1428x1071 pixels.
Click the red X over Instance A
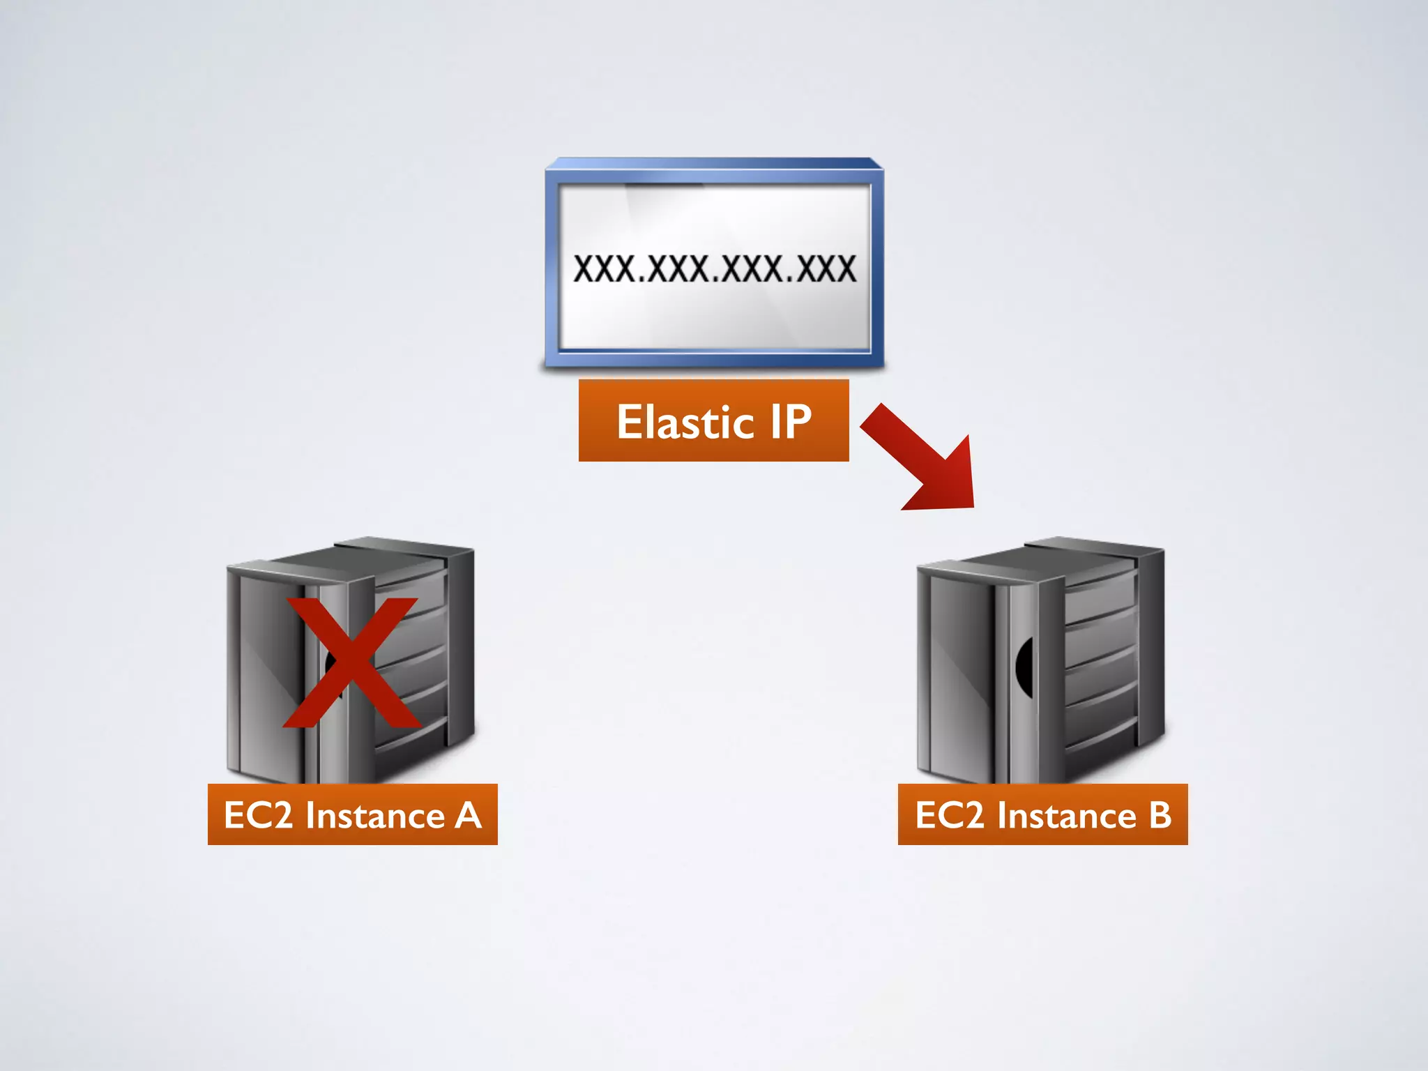353,662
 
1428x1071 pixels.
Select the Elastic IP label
713,421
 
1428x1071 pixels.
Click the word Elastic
685,423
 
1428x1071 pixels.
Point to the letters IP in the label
791,422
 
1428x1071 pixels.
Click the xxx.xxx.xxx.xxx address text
714,268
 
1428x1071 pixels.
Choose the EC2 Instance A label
352,814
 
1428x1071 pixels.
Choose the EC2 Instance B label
1042,814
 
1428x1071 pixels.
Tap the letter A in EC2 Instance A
468,814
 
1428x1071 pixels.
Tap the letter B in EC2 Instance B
1160,814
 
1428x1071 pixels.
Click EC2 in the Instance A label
257,814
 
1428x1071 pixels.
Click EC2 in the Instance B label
948,814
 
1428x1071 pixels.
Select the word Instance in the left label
375,814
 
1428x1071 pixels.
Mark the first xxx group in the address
604,268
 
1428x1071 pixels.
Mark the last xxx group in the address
826,268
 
